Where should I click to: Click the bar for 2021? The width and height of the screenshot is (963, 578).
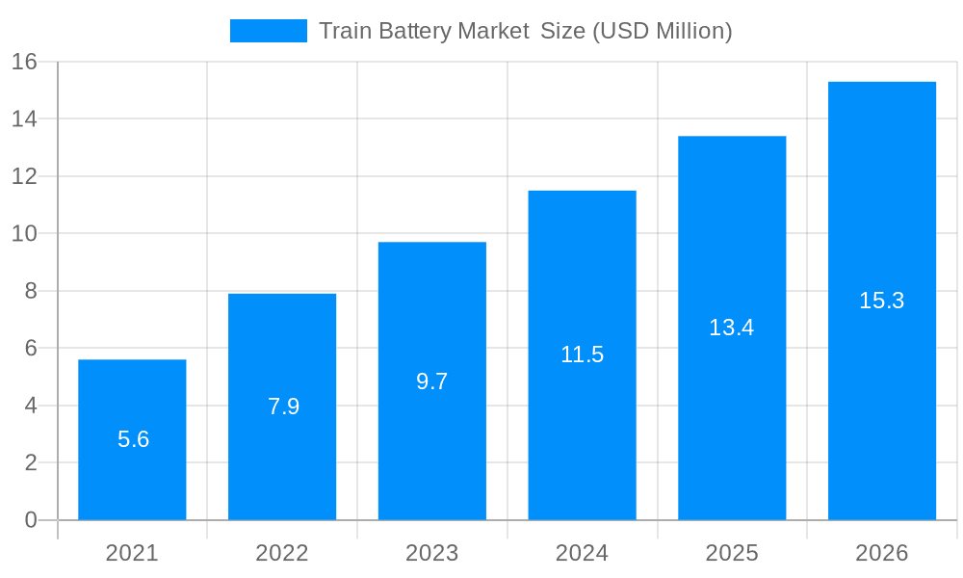(x=132, y=482)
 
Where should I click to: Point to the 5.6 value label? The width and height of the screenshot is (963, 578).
(x=133, y=439)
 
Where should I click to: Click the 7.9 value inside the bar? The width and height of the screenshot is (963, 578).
(x=283, y=407)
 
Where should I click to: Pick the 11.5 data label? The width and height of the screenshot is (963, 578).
(x=582, y=355)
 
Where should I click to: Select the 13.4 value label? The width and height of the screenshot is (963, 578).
(x=732, y=328)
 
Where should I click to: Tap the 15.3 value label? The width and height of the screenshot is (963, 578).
(x=882, y=301)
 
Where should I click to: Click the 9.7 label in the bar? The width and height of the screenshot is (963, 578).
(x=432, y=381)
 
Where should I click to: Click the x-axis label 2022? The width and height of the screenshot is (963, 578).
(x=282, y=553)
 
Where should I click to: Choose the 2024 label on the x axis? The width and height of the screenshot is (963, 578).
(x=582, y=553)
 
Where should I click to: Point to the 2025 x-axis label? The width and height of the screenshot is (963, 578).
(x=732, y=553)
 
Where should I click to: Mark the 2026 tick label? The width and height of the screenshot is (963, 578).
(x=882, y=553)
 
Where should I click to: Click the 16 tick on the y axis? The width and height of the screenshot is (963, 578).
(x=24, y=62)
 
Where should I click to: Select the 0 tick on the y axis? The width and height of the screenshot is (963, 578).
(x=31, y=520)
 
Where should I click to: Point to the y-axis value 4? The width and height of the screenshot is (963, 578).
(x=31, y=406)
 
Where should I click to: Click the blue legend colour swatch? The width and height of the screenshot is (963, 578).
(x=268, y=31)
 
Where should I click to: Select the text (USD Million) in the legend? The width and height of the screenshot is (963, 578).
(x=662, y=31)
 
